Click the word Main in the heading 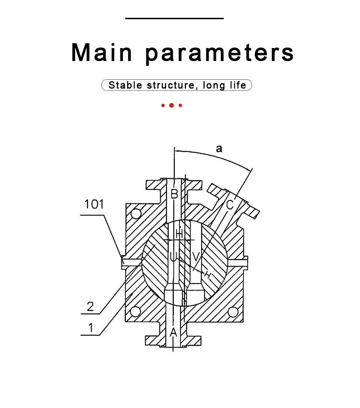coord(102,52)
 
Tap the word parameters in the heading coord(220,54)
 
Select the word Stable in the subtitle coord(125,85)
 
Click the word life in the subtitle coord(238,85)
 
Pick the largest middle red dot coord(171,105)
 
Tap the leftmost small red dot coord(163,105)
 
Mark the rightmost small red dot coord(180,105)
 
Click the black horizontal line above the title coord(174,18)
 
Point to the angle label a coord(219,148)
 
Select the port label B coord(174,194)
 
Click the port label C coord(230,205)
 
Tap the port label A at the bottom coord(173,332)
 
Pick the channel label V coord(196,257)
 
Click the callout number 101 coord(94,204)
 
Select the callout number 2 coord(90,307)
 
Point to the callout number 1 coord(91,328)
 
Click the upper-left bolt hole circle coord(136,214)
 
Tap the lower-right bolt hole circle coord(233,312)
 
